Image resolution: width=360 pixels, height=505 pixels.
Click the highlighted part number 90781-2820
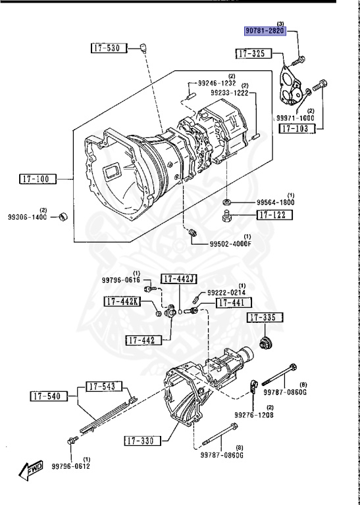click(265, 31)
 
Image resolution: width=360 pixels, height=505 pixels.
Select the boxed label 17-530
click(109, 48)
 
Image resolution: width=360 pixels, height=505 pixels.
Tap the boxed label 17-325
click(253, 53)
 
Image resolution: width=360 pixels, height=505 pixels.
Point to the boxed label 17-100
click(38, 179)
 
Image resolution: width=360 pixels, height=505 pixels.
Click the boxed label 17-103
click(297, 128)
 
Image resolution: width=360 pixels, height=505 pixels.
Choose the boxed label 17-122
click(274, 215)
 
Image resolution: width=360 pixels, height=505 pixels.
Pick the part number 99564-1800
click(275, 203)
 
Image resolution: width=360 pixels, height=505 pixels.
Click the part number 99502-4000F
click(230, 244)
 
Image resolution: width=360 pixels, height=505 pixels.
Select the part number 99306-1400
click(28, 217)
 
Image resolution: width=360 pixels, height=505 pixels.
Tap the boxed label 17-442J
click(179, 279)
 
